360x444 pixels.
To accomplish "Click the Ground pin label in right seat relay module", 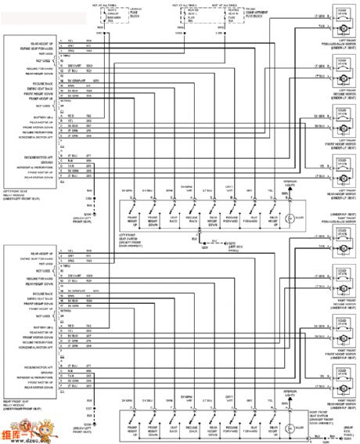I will coord(23,370).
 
